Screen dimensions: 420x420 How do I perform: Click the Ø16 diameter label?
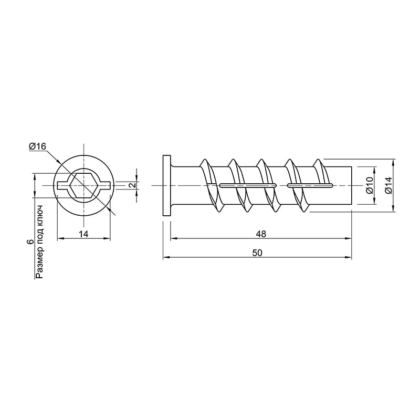[x=37, y=146]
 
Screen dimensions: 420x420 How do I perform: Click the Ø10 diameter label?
[x=370, y=185]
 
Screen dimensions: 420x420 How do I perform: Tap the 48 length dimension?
[x=261, y=234]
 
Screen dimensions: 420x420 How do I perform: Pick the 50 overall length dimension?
[x=257, y=253]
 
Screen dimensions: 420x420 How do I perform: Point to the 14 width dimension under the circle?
[x=83, y=234]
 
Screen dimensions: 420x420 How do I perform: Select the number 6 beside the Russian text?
[x=30, y=242]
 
